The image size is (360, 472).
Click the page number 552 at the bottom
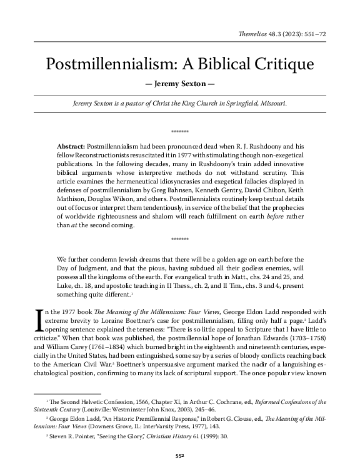coord(179,456)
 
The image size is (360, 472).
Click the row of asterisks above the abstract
coord(179,132)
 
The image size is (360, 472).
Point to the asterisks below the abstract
coord(179,239)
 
